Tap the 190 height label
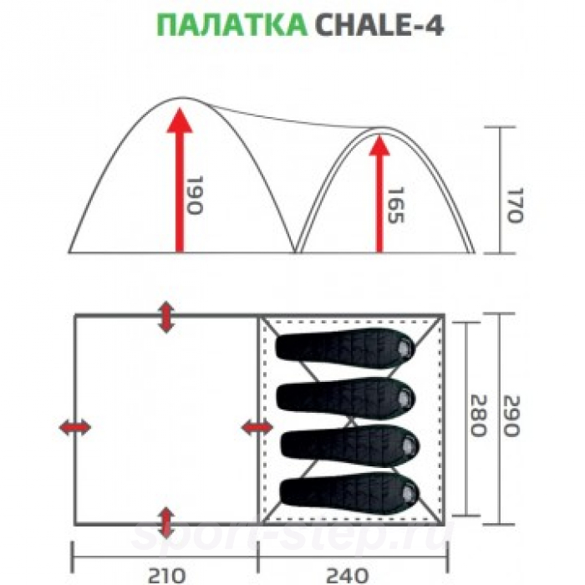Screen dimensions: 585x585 coord(195,196)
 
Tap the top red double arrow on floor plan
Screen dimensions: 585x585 coord(167,318)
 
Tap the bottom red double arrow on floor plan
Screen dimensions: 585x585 coord(167,521)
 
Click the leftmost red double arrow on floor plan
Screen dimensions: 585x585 coord(75,428)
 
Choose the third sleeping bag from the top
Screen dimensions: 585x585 coord(348,441)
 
